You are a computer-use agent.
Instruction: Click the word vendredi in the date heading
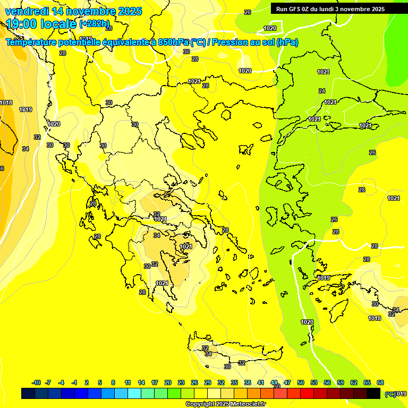coord(26,11)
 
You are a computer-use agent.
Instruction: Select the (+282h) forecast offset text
coord(94,24)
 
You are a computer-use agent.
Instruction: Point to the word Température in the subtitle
coord(32,42)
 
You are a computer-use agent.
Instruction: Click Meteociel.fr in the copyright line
coord(248,404)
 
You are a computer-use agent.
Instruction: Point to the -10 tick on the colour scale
coord(36,382)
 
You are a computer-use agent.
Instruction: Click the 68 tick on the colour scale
coord(380,382)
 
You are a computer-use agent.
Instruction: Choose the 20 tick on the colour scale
coord(168,382)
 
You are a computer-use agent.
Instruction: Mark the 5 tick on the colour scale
coord(100,382)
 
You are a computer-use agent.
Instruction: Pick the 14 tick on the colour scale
coord(141,382)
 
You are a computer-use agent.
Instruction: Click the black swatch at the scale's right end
coord(373,393)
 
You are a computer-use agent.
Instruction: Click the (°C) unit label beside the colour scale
coord(390,394)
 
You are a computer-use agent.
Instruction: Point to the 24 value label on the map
coord(321,91)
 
